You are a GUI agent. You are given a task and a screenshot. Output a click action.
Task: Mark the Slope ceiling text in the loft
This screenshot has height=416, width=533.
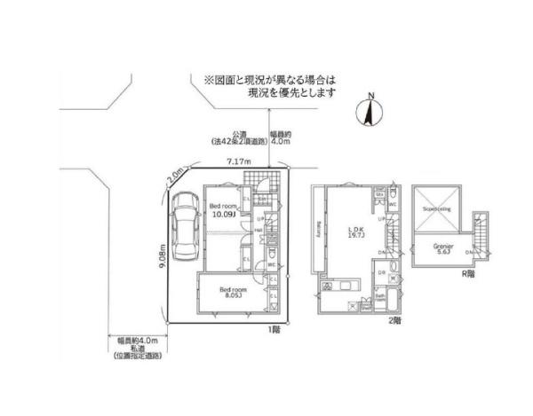click(x=441, y=209)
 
